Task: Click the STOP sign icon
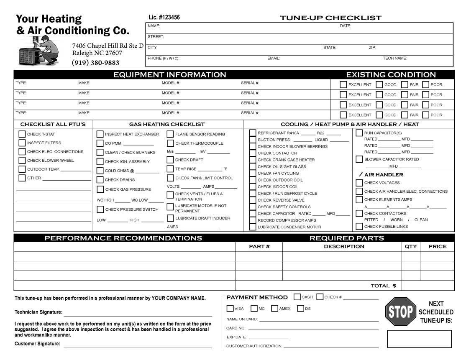click(400, 311)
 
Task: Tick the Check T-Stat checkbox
click(22, 134)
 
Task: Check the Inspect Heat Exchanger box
click(100, 134)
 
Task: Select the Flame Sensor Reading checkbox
click(170, 134)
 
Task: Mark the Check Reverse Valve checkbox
click(253, 200)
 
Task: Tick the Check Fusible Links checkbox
click(359, 227)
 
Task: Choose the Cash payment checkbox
click(297, 297)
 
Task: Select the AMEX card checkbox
click(274, 309)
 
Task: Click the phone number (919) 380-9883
click(95, 63)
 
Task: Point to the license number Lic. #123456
click(164, 18)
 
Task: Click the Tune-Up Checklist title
click(330, 18)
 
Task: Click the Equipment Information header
click(169, 75)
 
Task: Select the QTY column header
click(411, 246)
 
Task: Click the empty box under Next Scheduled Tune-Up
click(419, 339)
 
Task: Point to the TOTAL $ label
click(383, 286)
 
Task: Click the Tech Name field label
click(394, 59)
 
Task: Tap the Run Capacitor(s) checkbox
click(359, 133)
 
